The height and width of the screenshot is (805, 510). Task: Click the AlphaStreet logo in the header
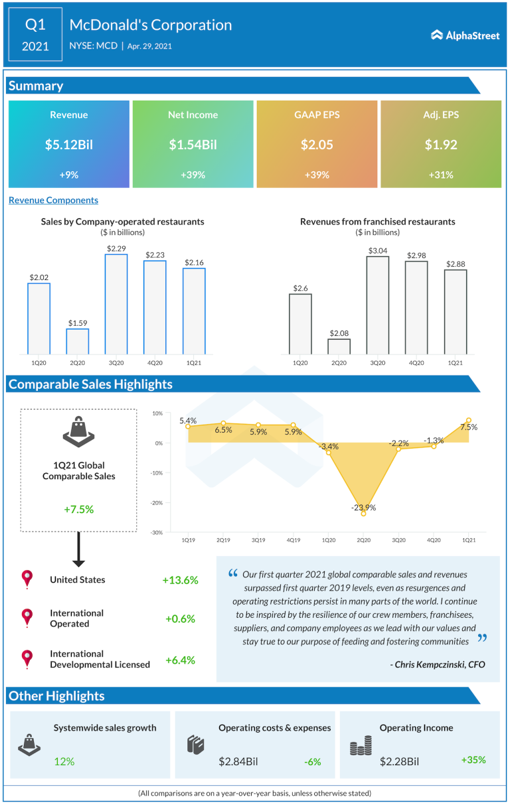pos(465,35)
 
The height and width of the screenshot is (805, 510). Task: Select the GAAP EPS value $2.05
pos(317,145)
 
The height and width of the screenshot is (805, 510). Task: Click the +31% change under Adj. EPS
pos(440,175)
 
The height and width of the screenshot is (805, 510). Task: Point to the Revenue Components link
pos(53,200)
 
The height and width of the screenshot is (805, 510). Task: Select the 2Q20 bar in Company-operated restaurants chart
pos(77,341)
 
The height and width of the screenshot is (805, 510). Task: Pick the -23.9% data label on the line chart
pos(364,508)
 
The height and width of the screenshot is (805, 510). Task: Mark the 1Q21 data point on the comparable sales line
pos(469,421)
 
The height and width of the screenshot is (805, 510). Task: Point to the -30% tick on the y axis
pos(157,532)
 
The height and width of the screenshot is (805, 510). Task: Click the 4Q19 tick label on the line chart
pos(293,541)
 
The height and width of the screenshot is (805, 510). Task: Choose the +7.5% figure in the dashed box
pos(79,509)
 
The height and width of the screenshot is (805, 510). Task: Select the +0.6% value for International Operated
pos(180,619)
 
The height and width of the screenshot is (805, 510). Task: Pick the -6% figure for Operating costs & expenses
pos(312,762)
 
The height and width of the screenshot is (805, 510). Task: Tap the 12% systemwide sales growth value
pos(64,761)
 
